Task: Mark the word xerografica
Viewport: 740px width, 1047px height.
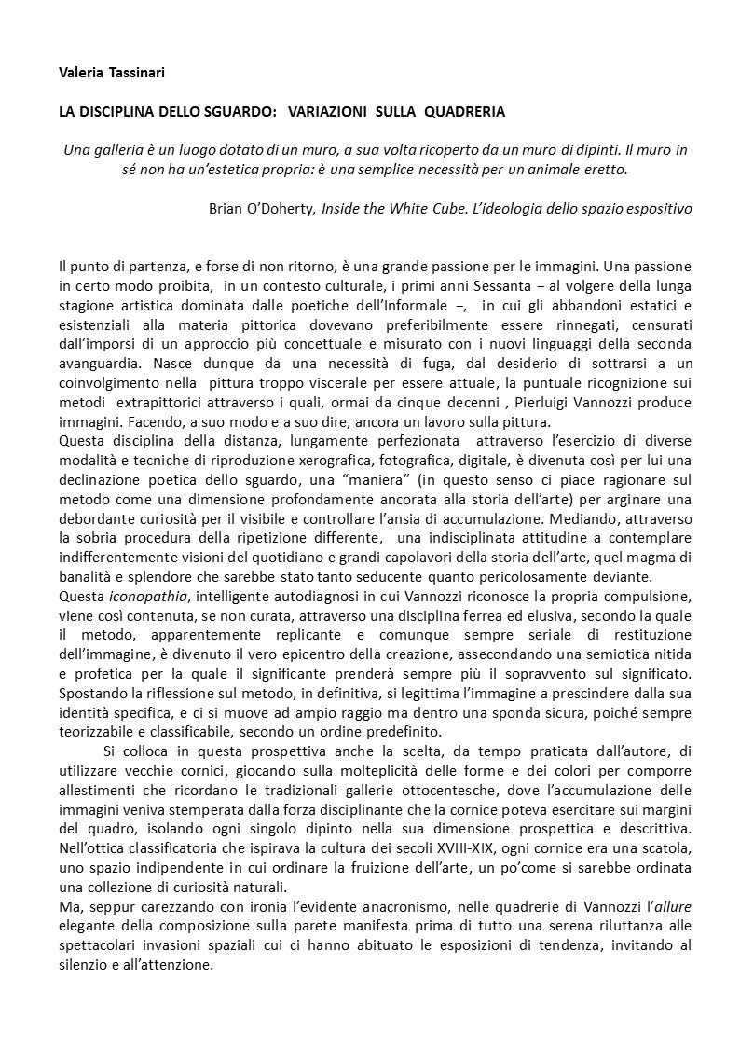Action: point(418,463)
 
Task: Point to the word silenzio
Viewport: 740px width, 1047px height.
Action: point(87,966)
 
